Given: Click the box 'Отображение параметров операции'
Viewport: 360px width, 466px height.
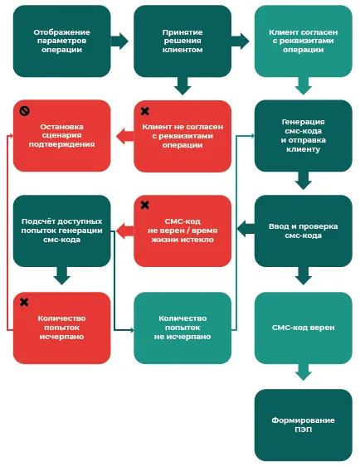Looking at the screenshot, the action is tap(62, 41).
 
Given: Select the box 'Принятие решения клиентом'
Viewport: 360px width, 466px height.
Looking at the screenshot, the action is tap(182, 41).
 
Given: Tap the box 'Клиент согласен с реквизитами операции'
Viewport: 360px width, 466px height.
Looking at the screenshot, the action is tap(304, 41).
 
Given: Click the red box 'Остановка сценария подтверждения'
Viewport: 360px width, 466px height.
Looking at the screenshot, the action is tap(62, 135).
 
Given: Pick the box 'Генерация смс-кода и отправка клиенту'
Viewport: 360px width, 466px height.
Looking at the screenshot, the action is tap(304, 135).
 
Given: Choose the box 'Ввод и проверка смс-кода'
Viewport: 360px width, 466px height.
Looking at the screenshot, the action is tap(304, 231).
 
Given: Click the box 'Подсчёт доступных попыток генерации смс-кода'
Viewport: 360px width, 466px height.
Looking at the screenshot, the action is tap(62, 231).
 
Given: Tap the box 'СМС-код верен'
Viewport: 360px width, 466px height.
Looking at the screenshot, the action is tap(304, 328).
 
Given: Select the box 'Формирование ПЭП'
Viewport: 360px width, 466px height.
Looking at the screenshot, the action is tap(304, 425).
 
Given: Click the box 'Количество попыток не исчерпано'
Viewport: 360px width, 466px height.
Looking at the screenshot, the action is tap(182, 328).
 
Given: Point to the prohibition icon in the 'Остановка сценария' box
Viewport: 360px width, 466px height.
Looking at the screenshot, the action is tap(24, 111).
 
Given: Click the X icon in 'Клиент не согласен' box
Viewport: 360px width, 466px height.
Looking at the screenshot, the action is tap(145, 111).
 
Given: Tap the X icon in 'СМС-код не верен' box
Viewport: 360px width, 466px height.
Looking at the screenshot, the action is tap(145, 205).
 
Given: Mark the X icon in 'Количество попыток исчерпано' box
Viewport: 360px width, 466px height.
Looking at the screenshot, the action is tap(24, 303).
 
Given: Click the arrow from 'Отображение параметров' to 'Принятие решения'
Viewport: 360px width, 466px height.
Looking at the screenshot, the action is tap(119, 41).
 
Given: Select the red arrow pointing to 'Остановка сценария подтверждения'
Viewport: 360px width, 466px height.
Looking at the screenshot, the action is tap(124, 137).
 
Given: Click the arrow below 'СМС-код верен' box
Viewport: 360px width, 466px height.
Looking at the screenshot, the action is tap(304, 372).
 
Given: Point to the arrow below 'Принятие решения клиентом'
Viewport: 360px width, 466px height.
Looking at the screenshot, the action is tap(182, 86).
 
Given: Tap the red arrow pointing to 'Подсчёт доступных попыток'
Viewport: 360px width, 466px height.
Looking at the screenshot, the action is tap(124, 231).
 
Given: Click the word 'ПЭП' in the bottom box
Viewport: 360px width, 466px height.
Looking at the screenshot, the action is tap(304, 430).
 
